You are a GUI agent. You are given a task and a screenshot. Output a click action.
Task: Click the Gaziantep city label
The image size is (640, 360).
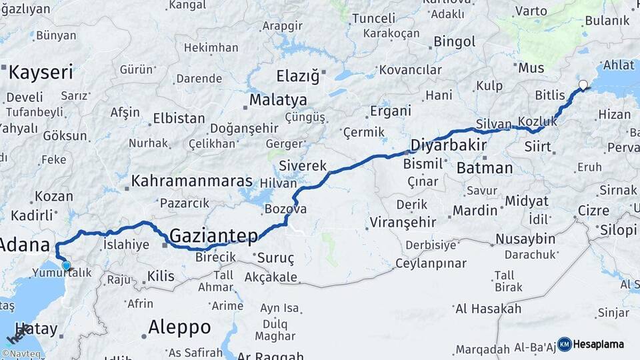pos(213,235)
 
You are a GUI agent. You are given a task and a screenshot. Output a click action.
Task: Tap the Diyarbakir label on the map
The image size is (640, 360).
pos(446,145)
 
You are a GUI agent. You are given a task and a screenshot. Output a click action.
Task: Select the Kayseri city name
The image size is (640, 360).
pos(40,72)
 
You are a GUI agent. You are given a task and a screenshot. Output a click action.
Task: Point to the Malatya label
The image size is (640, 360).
pos(278,101)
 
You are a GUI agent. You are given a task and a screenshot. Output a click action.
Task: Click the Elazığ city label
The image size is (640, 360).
pos(298,76)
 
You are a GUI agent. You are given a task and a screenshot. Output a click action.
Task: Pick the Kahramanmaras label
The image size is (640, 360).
pos(191,181)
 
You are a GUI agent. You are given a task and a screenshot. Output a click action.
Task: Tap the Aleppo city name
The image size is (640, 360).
pos(179,327)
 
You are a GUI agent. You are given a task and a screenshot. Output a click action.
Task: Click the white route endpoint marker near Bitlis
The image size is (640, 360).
pos(583,85)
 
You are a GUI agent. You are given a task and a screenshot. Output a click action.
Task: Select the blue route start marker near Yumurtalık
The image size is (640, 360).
pos(66,266)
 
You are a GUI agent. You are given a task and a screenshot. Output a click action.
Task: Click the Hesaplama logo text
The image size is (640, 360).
pos(598,344)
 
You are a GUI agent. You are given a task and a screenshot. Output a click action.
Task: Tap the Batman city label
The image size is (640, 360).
pos(485,168)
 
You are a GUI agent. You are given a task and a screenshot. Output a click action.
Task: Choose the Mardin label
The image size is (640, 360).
pos(475,211)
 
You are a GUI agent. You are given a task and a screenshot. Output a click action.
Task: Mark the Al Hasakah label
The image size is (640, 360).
pos(487,309)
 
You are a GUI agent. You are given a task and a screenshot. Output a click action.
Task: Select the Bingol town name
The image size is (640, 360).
pos(455,42)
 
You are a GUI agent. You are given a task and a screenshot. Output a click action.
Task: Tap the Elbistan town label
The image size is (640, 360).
pos(179,119)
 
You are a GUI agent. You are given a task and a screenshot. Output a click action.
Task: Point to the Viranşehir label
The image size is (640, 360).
pos(403,222)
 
